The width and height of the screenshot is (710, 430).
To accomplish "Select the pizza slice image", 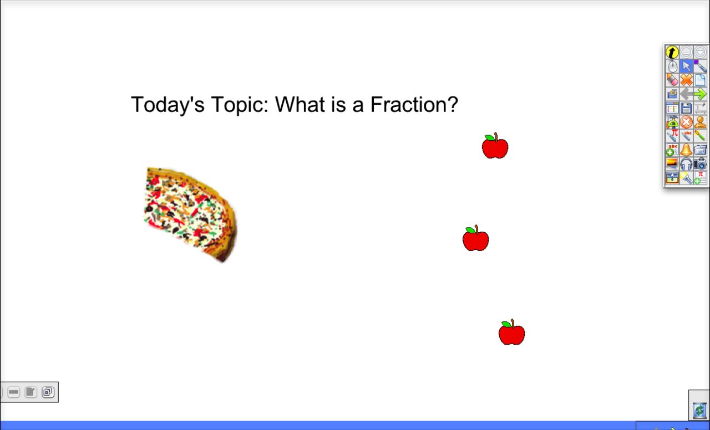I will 189,213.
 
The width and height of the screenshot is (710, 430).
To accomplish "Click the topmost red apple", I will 495,147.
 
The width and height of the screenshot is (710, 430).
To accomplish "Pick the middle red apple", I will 476,239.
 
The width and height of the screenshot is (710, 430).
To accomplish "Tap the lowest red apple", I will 511,334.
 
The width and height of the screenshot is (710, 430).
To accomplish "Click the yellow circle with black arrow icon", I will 672,53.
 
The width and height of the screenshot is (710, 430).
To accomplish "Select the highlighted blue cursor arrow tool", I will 686,66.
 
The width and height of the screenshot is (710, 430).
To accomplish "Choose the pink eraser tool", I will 672,80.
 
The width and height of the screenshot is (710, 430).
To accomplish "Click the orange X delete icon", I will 686,80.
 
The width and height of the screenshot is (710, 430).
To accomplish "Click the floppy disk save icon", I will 686,108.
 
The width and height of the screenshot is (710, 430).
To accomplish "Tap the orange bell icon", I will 686,150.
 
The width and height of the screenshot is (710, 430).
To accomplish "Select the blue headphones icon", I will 686,164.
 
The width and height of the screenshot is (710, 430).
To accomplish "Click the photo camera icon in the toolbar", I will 700,164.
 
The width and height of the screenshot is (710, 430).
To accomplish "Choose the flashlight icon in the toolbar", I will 686,178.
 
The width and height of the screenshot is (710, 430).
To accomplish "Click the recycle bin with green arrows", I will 699,411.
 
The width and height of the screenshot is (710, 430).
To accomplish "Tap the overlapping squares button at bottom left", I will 48,392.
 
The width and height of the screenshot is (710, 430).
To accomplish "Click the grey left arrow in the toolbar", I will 686,94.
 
